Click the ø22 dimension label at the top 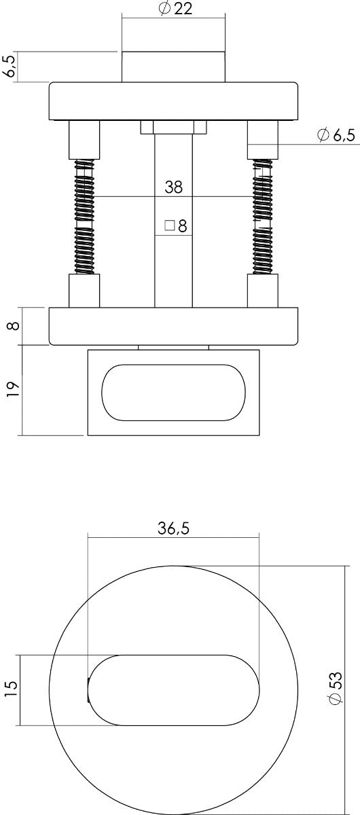point(174,10)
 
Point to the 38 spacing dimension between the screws point(174,188)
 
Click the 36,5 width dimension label point(174,530)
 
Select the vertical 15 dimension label point(10,690)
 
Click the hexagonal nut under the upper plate point(174,128)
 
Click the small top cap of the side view point(174,66)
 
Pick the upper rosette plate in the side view point(174,101)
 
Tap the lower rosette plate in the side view point(174,326)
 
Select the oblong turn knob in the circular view point(174,690)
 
